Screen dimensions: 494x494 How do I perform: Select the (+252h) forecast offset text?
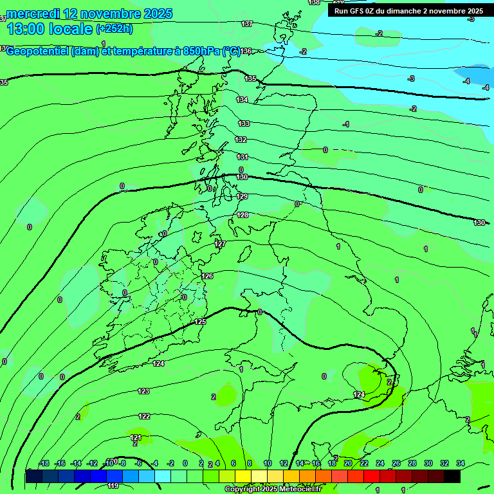(114, 28)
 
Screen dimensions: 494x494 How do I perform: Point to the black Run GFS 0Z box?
(409, 10)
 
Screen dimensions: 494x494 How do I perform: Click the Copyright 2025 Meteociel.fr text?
(273, 489)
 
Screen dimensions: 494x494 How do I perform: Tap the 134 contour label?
(242, 100)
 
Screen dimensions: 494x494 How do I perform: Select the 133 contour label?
(244, 123)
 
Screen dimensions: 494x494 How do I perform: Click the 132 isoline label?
(241, 140)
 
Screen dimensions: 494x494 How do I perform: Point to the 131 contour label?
(242, 157)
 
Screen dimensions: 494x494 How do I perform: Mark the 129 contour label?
(242, 196)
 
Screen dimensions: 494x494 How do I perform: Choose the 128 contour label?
(242, 215)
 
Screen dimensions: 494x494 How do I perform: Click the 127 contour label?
(221, 244)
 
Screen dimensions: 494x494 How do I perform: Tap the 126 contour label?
(207, 276)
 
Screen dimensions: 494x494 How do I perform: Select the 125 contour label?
(200, 322)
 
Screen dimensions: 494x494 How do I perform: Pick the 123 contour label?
(143, 391)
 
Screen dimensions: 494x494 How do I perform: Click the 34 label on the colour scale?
(461, 463)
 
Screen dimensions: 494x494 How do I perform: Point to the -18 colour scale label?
(44, 463)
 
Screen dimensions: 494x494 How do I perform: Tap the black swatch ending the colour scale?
(452, 476)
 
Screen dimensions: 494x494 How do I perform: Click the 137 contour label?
(247, 24)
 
